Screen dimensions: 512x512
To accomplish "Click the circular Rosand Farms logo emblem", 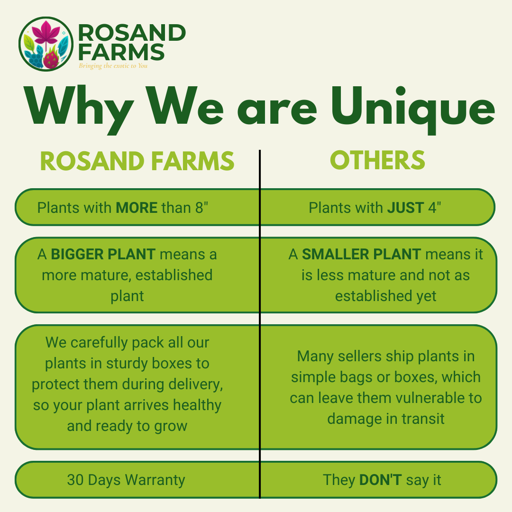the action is tap(46, 44).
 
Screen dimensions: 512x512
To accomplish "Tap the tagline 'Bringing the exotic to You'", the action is tap(113, 65).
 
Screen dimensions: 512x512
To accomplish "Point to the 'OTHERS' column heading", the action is tap(377, 160).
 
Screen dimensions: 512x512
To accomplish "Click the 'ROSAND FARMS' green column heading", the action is tap(137, 161).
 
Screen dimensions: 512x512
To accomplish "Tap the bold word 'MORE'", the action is tap(137, 208).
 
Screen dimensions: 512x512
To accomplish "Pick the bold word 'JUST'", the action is tap(405, 208).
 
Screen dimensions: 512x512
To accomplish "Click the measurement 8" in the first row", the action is tap(202, 208).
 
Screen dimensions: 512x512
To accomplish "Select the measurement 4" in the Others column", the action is tap(435, 208).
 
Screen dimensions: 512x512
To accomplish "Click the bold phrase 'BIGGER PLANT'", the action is tap(103, 255).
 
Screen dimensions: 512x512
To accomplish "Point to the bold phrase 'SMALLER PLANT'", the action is tap(361, 255).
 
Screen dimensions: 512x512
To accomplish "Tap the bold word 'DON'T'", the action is tap(380, 480).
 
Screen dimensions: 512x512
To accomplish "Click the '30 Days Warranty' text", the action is tap(126, 480).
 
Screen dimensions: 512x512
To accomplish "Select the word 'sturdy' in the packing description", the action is tap(127, 364).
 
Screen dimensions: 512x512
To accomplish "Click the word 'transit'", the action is tap(423, 419).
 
